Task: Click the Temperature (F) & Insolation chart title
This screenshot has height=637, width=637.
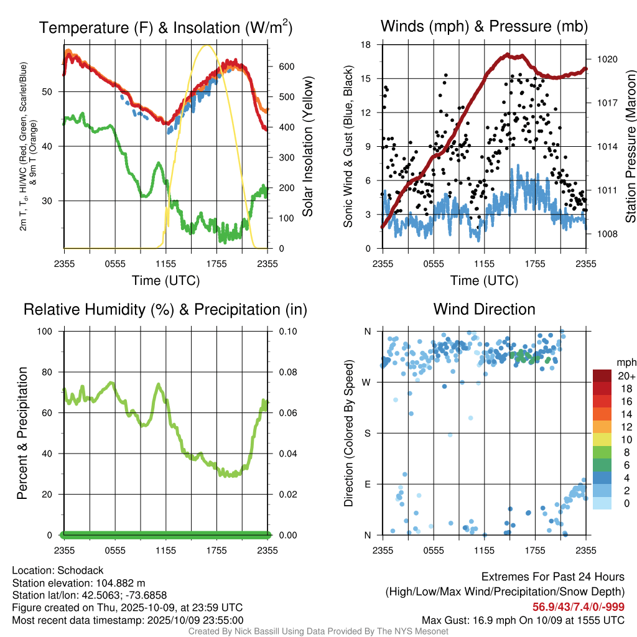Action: pyautogui.click(x=166, y=27)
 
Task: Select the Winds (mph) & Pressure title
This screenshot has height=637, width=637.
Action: pyautogui.click(x=484, y=26)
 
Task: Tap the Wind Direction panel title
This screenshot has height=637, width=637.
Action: pyautogui.click(x=484, y=309)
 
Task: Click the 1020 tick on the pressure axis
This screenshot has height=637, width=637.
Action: pyautogui.click(x=607, y=59)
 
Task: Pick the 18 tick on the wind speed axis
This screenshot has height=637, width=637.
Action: pyautogui.click(x=366, y=45)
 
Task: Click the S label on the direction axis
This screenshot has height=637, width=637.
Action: pyautogui.click(x=368, y=433)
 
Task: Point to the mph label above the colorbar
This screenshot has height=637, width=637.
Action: pyautogui.click(x=625, y=362)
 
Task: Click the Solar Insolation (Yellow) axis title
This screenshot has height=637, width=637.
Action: pyautogui.click(x=308, y=147)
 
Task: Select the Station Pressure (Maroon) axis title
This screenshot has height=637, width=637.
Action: pyautogui.click(x=630, y=147)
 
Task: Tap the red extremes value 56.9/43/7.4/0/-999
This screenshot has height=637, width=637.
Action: pyautogui.click(x=579, y=607)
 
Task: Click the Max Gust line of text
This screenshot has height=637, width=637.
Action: pyautogui.click(x=523, y=620)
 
